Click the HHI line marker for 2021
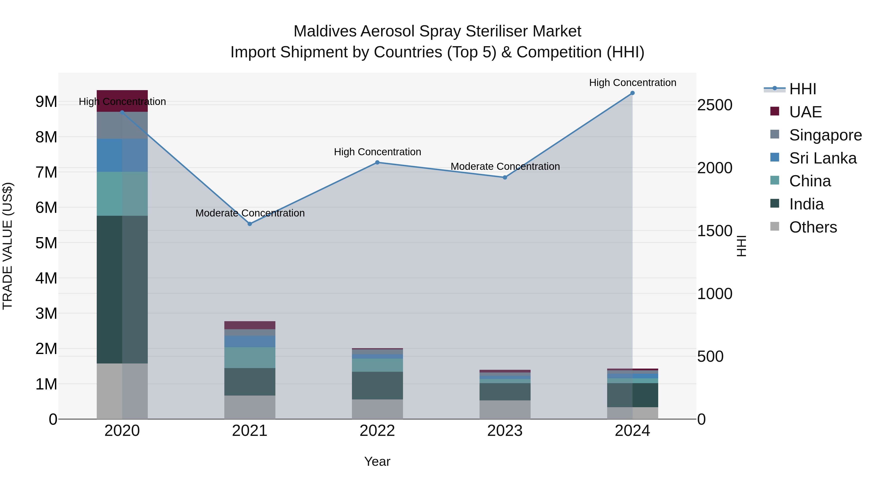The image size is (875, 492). click(x=250, y=224)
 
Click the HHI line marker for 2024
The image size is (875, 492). click(x=632, y=93)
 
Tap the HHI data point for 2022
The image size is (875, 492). click(x=377, y=162)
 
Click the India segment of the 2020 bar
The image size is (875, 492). click(x=122, y=289)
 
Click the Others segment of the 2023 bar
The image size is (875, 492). click(x=505, y=409)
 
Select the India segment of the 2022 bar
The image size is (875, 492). click(x=377, y=385)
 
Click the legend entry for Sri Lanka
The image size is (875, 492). click(x=823, y=158)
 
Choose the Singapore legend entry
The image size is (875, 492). click(x=825, y=135)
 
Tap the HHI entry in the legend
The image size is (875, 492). click(x=802, y=89)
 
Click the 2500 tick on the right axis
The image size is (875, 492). click(x=714, y=105)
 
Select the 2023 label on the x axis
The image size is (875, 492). click(x=505, y=431)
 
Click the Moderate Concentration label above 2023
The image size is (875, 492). click(x=505, y=166)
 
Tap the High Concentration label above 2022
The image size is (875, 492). click(x=377, y=152)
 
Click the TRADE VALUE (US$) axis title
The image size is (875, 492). click(x=8, y=246)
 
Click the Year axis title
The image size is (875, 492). click(x=377, y=461)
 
